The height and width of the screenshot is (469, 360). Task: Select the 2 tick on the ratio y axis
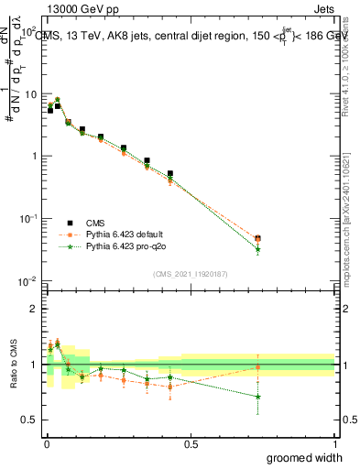[35, 309]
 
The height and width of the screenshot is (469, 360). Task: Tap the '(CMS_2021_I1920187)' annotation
[190, 272]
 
